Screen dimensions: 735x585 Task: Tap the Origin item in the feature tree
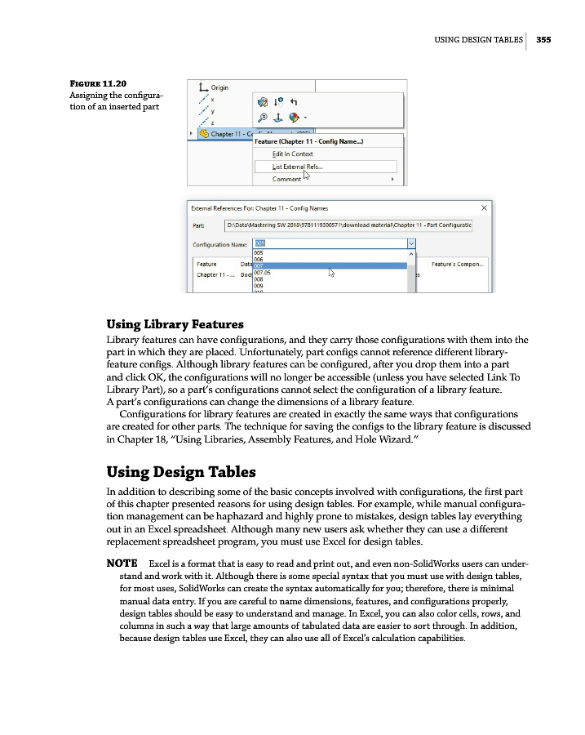tap(219, 87)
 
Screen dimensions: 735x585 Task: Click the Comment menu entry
tap(286, 180)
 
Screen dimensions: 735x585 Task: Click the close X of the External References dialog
tap(485, 207)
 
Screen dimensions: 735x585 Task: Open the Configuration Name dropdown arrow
tap(410, 243)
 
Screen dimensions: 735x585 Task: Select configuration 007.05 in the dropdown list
tap(263, 273)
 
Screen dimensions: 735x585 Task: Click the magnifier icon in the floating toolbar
tap(263, 116)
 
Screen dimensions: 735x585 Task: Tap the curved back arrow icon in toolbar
tap(294, 101)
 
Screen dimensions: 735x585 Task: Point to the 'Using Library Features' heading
tap(175, 323)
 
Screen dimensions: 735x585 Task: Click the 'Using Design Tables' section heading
tap(181, 472)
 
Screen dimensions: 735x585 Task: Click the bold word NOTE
tap(121, 564)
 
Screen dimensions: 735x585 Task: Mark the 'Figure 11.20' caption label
tap(99, 82)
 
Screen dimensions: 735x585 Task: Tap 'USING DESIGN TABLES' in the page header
tap(478, 38)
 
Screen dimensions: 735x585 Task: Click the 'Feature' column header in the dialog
tap(206, 264)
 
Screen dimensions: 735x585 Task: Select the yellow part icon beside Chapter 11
tap(203, 134)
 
